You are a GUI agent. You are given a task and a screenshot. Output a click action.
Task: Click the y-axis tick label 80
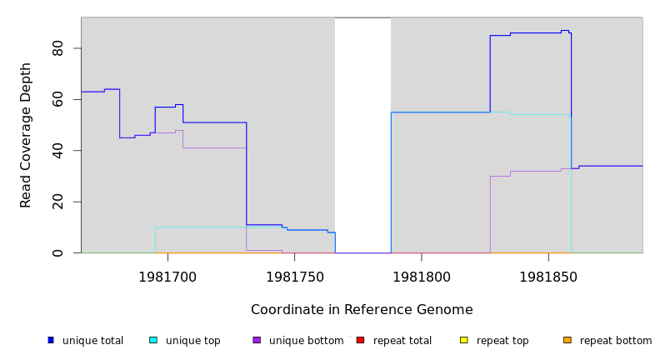(x=57, y=48)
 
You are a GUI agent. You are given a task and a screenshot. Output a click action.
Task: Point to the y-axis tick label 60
(x=57, y=99)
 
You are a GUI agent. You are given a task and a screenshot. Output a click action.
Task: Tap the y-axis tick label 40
(x=57, y=150)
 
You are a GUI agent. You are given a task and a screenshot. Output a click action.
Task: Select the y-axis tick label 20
(x=57, y=202)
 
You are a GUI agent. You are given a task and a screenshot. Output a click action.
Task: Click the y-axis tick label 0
(x=57, y=252)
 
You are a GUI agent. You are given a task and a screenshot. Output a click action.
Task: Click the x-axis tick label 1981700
(x=167, y=277)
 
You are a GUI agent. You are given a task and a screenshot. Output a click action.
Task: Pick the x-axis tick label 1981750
(x=294, y=277)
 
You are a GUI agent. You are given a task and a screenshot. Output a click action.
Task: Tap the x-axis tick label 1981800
(x=421, y=277)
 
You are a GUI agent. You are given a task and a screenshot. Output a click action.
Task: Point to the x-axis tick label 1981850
(x=547, y=277)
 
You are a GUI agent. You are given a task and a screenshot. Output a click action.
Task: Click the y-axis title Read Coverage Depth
(x=26, y=135)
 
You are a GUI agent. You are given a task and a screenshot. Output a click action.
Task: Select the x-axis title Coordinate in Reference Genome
(x=362, y=310)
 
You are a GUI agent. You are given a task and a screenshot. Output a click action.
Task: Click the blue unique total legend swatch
(x=51, y=340)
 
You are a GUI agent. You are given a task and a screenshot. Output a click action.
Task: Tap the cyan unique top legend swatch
(x=153, y=340)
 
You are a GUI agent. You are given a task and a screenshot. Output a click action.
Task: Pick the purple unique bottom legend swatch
(x=257, y=340)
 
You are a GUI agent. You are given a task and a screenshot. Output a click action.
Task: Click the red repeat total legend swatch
(x=360, y=340)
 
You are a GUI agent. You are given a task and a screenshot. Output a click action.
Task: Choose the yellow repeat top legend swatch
(x=463, y=340)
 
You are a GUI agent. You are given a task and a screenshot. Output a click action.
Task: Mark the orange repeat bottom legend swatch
(x=567, y=340)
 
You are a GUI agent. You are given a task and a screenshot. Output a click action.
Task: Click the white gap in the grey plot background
(x=362, y=133)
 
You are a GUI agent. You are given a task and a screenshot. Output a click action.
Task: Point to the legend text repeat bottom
(x=616, y=341)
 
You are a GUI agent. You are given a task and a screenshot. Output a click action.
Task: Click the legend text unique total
(x=92, y=341)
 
